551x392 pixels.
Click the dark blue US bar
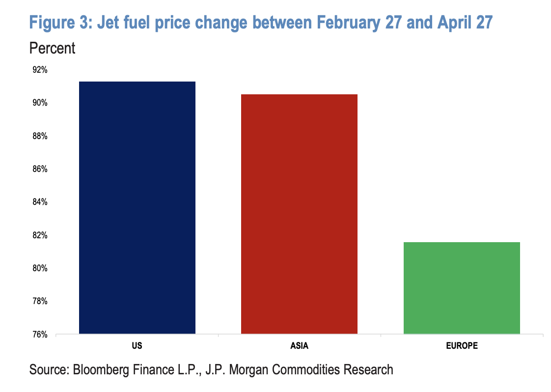pos(137,207)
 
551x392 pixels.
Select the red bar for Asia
pos(299,214)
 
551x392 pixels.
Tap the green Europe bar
pos(462,288)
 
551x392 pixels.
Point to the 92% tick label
pos(40,70)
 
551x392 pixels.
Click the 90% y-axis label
pos(40,103)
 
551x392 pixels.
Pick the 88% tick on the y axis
pos(40,136)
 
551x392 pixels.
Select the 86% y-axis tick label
pos(40,169)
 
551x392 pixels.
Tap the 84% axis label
pos(40,202)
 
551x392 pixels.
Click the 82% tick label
pos(40,235)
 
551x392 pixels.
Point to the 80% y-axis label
pos(40,268)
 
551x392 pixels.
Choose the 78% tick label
pos(40,301)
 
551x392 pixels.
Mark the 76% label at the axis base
pos(40,335)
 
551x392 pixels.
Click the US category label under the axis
pos(137,346)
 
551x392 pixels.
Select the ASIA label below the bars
pos(300,346)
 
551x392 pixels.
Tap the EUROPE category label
pos(462,346)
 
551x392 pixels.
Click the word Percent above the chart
pos(52,48)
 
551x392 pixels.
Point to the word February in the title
pos(348,23)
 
